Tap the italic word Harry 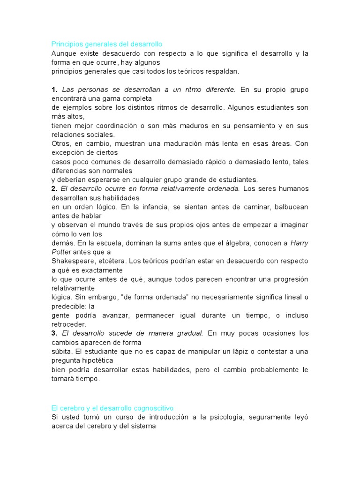[300, 242]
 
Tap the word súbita [61, 351]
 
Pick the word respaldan [223, 71]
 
